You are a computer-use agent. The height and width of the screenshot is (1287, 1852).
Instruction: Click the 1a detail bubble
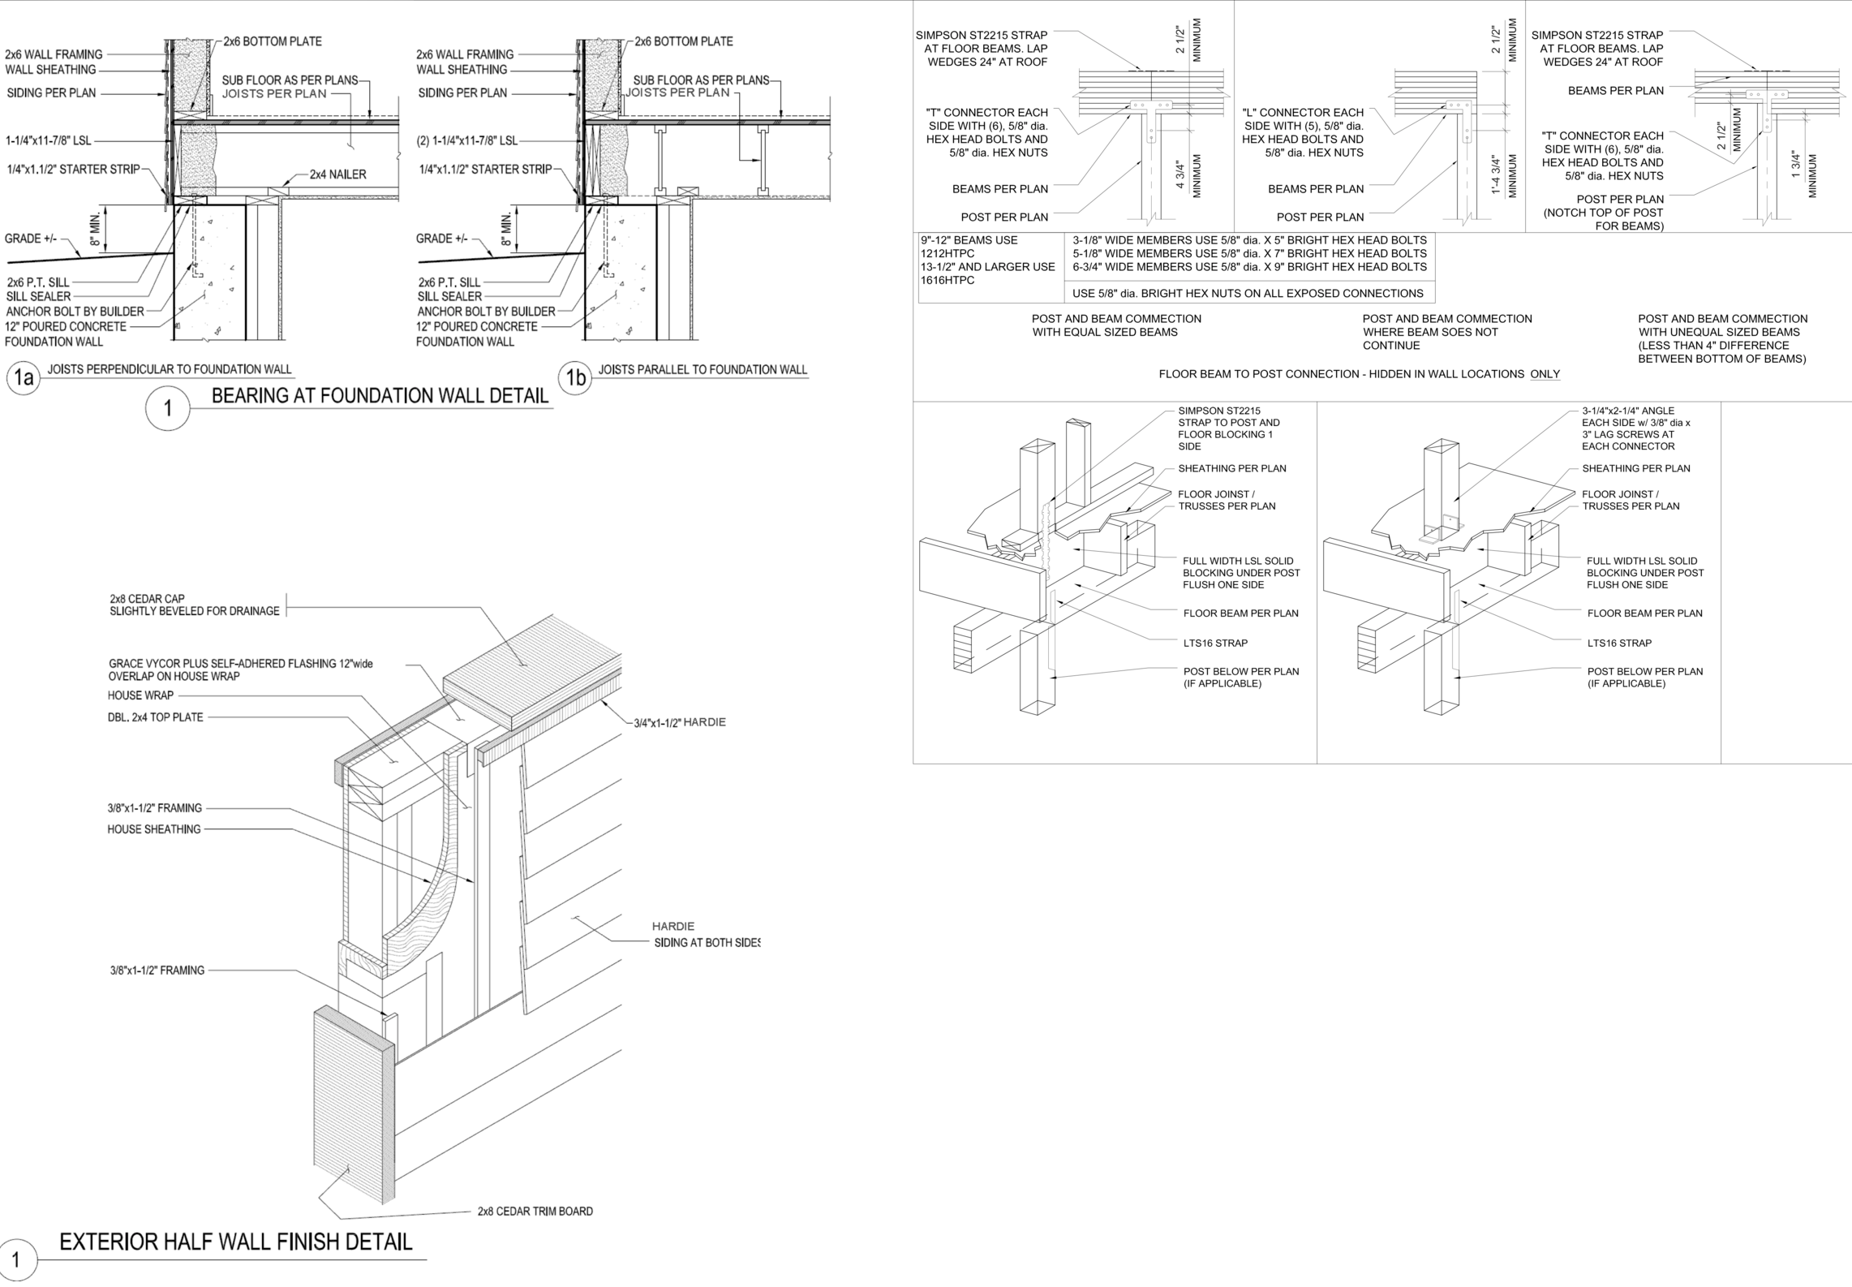point(24,377)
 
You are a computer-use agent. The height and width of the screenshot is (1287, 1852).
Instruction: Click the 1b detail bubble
point(575,377)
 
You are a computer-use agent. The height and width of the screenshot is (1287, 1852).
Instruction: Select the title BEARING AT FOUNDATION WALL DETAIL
point(380,396)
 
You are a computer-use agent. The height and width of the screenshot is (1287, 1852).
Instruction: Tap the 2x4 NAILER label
point(337,174)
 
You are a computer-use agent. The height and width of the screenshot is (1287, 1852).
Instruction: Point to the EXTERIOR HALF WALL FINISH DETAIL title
point(235,1242)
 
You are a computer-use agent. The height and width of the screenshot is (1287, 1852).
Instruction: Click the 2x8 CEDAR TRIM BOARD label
point(535,1212)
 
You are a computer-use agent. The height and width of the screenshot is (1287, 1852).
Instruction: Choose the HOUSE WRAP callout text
point(140,695)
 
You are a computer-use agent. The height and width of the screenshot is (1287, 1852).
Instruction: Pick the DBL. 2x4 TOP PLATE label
point(155,717)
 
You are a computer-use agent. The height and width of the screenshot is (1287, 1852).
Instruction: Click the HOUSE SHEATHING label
point(153,829)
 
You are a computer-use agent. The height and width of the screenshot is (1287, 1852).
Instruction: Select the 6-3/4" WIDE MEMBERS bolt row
point(1248,267)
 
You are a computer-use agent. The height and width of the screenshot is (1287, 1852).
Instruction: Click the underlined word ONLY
point(1545,374)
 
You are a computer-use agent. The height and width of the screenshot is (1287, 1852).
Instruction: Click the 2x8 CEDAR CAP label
point(194,605)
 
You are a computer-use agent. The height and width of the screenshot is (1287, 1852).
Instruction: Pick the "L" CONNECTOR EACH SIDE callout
point(1303,132)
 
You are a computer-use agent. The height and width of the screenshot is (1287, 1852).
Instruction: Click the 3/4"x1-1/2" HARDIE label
point(680,722)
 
